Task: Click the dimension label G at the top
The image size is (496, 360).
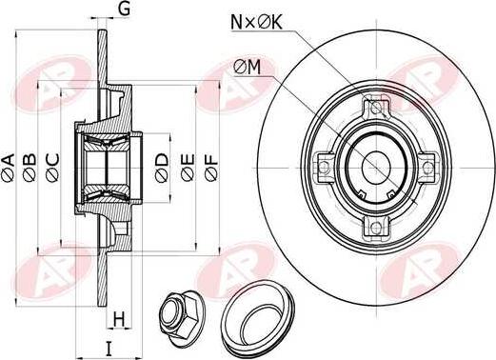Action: [124, 10]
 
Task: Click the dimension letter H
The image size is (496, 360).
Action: [119, 317]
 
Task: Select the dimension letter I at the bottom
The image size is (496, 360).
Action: [109, 348]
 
